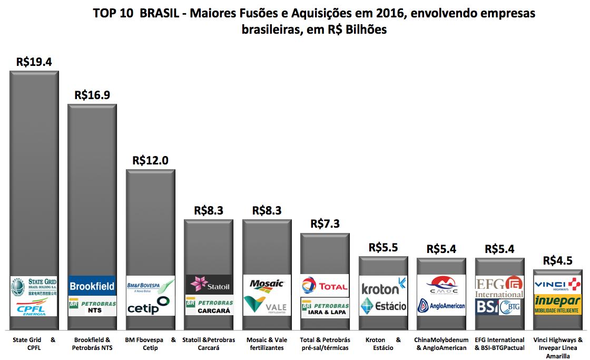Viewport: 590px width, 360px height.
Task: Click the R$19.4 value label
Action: click(x=34, y=62)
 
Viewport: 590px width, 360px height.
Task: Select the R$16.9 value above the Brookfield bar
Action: click(x=92, y=95)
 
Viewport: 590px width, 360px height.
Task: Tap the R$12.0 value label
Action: click(x=150, y=160)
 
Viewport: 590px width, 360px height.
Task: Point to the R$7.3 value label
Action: click(x=325, y=223)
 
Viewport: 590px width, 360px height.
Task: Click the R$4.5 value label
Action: click(x=557, y=260)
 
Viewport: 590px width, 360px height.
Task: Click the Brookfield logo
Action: click(x=92, y=286)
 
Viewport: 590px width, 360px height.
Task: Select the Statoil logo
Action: click(x=209, y=285)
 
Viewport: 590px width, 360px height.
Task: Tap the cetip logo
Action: click(x=150, y=306)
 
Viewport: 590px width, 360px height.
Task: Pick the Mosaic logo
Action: click(x=267, y=284)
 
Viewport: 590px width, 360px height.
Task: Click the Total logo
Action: click(x=325, y=286)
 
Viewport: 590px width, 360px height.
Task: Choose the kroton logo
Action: click(x=383, y=288)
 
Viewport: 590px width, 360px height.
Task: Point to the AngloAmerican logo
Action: click(x=441, y=306)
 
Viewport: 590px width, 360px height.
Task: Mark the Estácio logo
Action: click(x=383, y=306)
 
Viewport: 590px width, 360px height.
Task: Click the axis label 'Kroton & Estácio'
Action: click(x=383, y=344)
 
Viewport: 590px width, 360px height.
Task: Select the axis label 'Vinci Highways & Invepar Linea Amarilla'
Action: click(x=557, y=348)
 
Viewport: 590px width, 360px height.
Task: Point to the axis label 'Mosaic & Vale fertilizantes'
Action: click(x=267, y=344)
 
